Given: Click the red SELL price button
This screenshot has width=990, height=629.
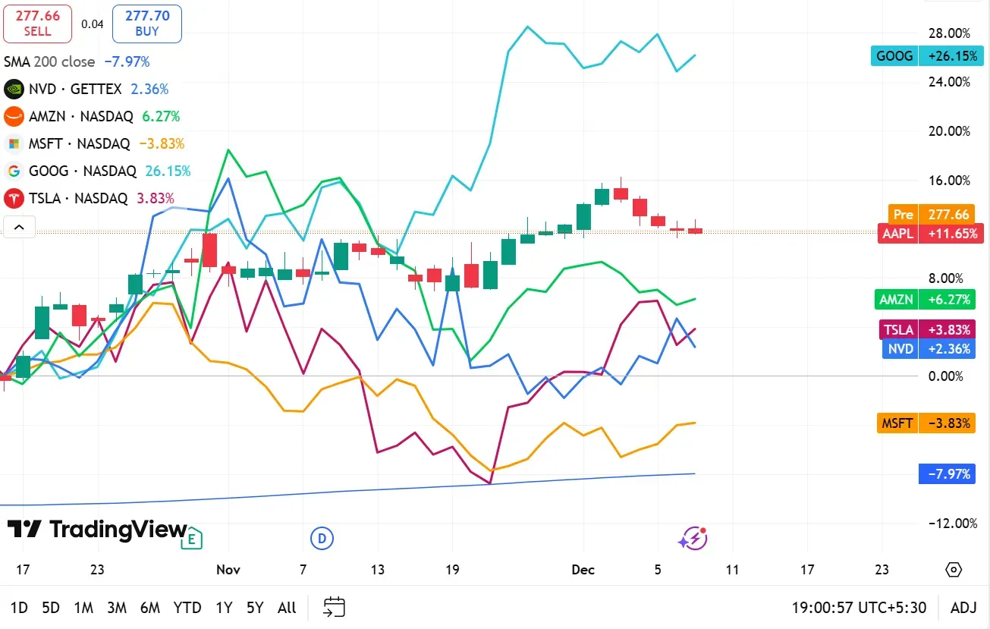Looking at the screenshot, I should click(37, 24).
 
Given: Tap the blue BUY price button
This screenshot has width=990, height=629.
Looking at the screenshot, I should click(147, 24).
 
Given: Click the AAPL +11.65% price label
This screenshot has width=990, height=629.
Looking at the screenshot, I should click(931, 234).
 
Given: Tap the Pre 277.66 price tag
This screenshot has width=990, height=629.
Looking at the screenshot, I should click(935, 215).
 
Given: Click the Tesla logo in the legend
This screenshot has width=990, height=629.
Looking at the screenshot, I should click(13, 199).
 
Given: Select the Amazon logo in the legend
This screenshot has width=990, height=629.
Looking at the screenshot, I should click(13, 117).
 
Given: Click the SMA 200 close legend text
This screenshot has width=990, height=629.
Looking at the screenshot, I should click(49, 61).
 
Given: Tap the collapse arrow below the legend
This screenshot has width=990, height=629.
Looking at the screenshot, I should click(19, 227).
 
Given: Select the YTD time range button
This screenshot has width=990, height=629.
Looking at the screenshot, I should click(187, 608).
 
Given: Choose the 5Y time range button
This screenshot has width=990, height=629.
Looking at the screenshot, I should click(255, 608).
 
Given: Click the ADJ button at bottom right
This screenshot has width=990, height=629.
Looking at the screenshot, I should click(963, 608).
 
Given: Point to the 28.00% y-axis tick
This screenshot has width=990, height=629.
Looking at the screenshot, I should click(948, 33).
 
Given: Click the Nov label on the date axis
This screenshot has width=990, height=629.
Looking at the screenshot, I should click(228, 570).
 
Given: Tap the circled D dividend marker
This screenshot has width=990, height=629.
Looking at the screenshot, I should click(322, 539).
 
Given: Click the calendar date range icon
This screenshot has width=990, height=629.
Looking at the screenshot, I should click(335, 607).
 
